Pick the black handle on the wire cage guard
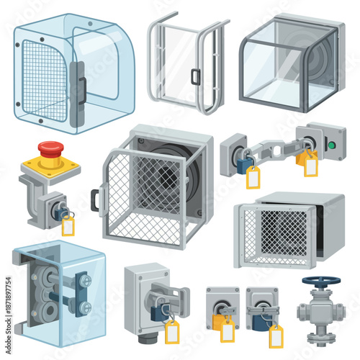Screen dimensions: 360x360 [x=95, y=199]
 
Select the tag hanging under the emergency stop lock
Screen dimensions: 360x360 [x=68, y=227]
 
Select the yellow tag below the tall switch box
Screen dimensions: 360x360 [x=172, y=333]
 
